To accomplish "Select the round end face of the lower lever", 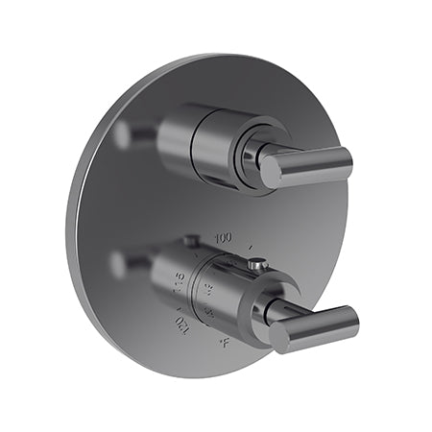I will pyautogui.click(x=279, y=336).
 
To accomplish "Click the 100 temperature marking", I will pyautogui.click(x=225, y=236).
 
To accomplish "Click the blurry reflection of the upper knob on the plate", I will pyautogui.click(x=126, y=133).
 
